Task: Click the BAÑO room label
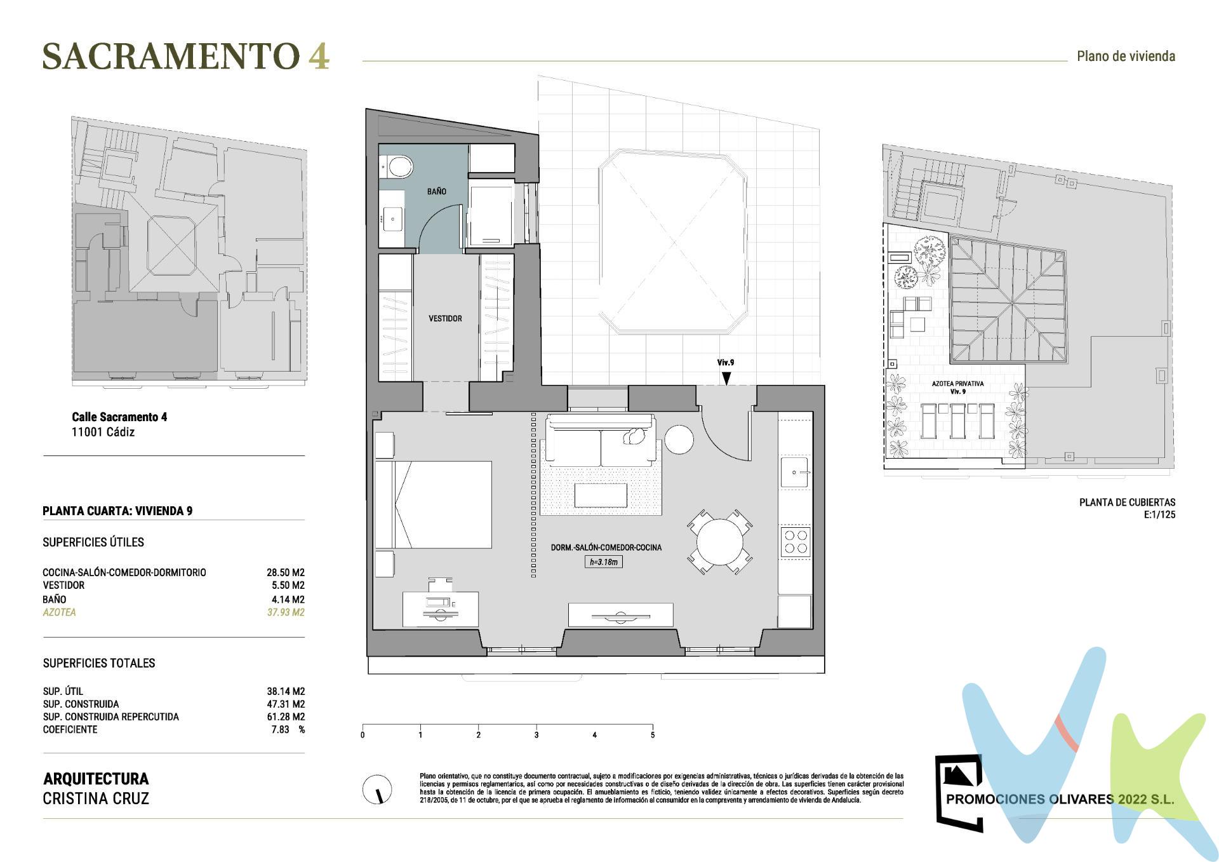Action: tap(436, 191)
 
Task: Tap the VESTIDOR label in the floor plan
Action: tap(445, 318)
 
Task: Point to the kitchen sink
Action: tap(794, 472)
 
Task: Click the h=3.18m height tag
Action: tap(603, 562)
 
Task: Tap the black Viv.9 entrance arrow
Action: tap(726, 378)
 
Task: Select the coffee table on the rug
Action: tap(601, 495)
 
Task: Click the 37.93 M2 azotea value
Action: tap(286, 612)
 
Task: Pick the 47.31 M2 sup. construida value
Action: tap(286, 704)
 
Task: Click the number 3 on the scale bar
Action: tap(536, 735)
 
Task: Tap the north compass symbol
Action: tap(377, 790)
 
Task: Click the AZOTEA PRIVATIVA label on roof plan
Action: tap(957, 384)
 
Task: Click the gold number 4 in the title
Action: tap(319, 56)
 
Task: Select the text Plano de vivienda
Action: tap(1126, 56)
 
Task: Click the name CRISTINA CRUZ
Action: tap(96, 798)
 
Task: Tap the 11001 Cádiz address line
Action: tap(103, 432)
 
